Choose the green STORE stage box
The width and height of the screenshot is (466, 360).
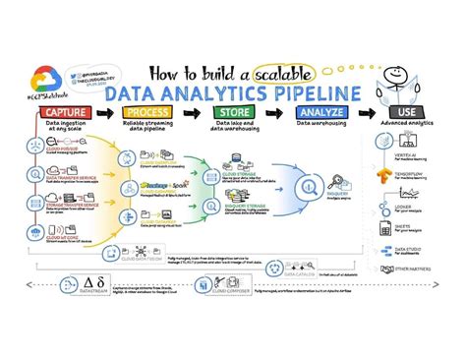[x=232, y=113]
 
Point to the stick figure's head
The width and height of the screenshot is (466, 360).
[x=397, y=75]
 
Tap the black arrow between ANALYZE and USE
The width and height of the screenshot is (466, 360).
[x=365, y=113]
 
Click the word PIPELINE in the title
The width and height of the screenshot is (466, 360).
[x=316, y=94]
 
